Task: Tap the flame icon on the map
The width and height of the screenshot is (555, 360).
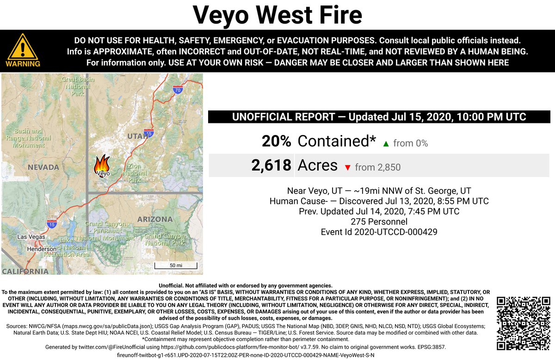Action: click(x=102, y=163)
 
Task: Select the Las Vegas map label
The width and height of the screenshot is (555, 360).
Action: click(x=31, y=237)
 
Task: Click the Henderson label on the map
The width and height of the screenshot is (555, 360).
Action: click(x=42, y=249)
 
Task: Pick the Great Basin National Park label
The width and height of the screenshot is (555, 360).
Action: click(x=78, y=86)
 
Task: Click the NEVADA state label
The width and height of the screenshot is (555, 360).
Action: click(x=43, y=167)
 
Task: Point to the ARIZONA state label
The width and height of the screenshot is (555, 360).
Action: click(x=155, y=219)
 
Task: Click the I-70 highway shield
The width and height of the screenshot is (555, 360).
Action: click(x=178, y=91)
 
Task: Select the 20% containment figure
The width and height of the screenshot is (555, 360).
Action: click(x=277, y=141)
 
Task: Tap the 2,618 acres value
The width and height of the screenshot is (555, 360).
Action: click(x=271, y=165)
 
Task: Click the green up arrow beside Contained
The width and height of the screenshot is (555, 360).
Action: click(x=386, y=144)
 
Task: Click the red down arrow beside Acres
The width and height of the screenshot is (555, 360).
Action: click(x=347, y=168)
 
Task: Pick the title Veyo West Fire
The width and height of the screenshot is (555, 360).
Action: click(x=277, y=15)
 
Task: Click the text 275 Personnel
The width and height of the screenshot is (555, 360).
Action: click(x=379, y=222)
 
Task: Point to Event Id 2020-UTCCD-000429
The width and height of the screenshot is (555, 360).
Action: click(x=379, y=232)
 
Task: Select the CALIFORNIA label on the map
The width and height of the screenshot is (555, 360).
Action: click(x=25, y=271)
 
